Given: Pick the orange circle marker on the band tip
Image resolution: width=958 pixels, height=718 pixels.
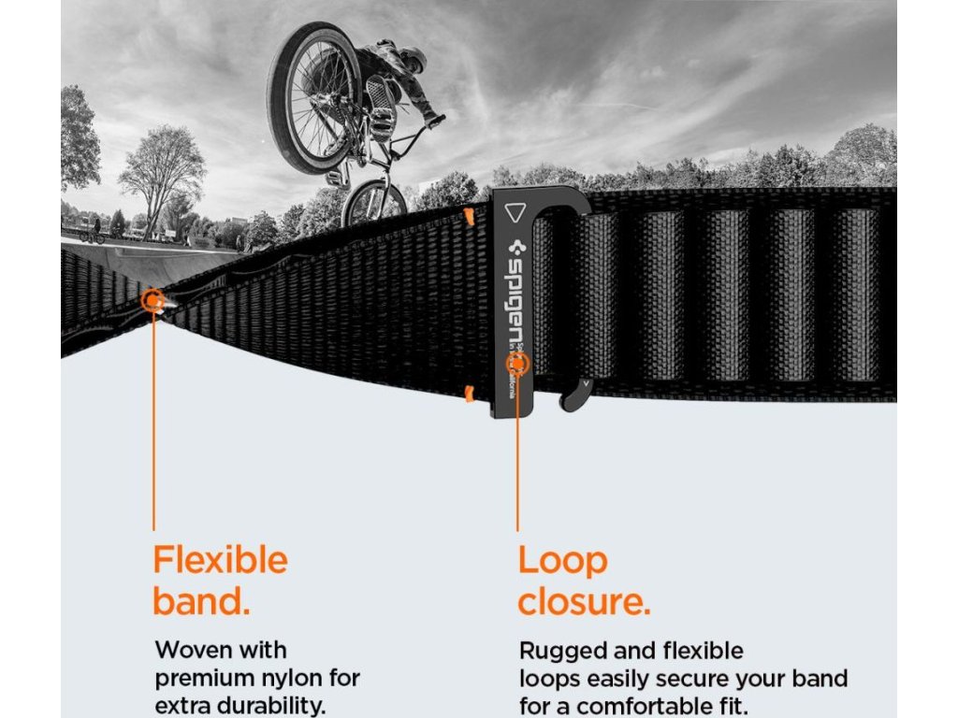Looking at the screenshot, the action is [x=152, y=300].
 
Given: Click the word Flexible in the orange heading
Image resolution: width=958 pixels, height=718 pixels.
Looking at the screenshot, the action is [x=220, y=561].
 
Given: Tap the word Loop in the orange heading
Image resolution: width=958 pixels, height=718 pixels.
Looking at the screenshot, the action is [x=562, y=561].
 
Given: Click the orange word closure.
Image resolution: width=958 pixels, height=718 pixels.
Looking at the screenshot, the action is [x=583, y=603].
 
